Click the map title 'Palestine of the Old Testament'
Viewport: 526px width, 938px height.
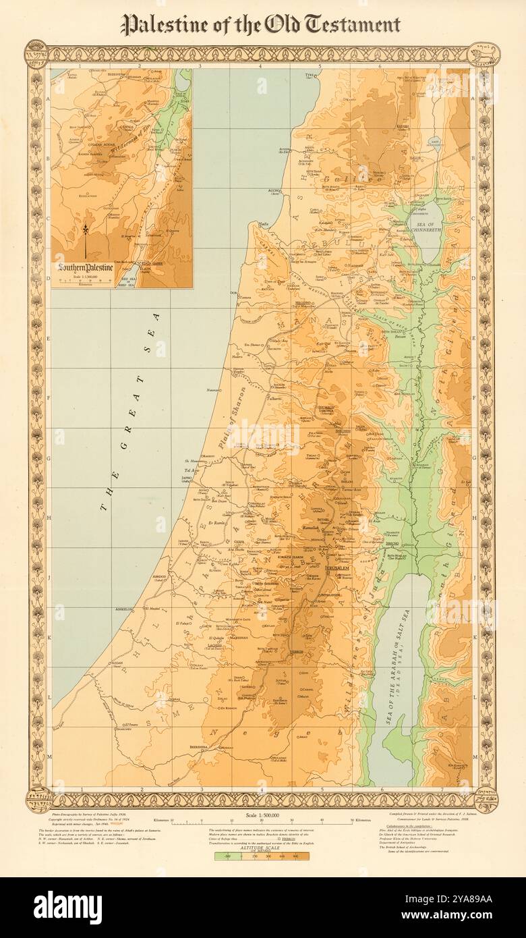(260, 26)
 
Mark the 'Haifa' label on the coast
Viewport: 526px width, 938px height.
(265, 223)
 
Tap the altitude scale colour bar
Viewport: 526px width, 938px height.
(263, 856)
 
